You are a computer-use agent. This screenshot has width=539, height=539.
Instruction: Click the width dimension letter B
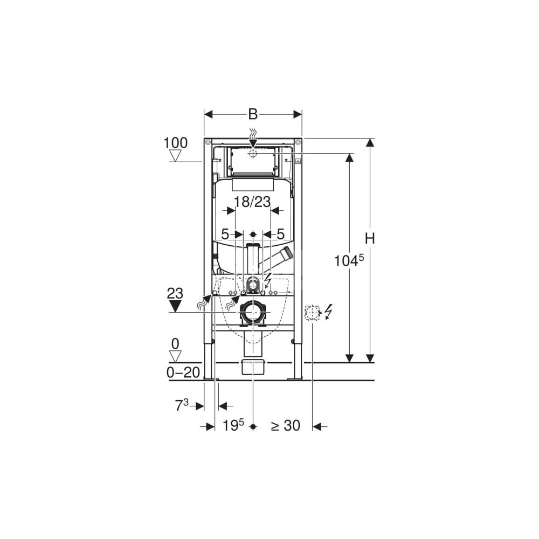tap(253, 114)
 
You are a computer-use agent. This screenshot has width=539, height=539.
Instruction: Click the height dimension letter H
tap(370, 238)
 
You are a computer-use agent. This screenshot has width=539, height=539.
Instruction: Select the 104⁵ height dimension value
tap(349, 260)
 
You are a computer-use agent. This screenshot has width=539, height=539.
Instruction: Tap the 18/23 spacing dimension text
tap(252, 202)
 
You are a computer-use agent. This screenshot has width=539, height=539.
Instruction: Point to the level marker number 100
tap(175, 143)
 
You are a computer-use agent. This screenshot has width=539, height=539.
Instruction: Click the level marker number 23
tap(175, 294)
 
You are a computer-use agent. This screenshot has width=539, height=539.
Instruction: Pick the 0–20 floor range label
tap(183, 372)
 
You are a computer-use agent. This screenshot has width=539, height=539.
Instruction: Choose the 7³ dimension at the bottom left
tap(182, 405)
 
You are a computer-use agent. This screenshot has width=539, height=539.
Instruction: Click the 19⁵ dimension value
tap(233, 425)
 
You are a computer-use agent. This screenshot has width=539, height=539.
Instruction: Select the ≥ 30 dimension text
tap(285, 426)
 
